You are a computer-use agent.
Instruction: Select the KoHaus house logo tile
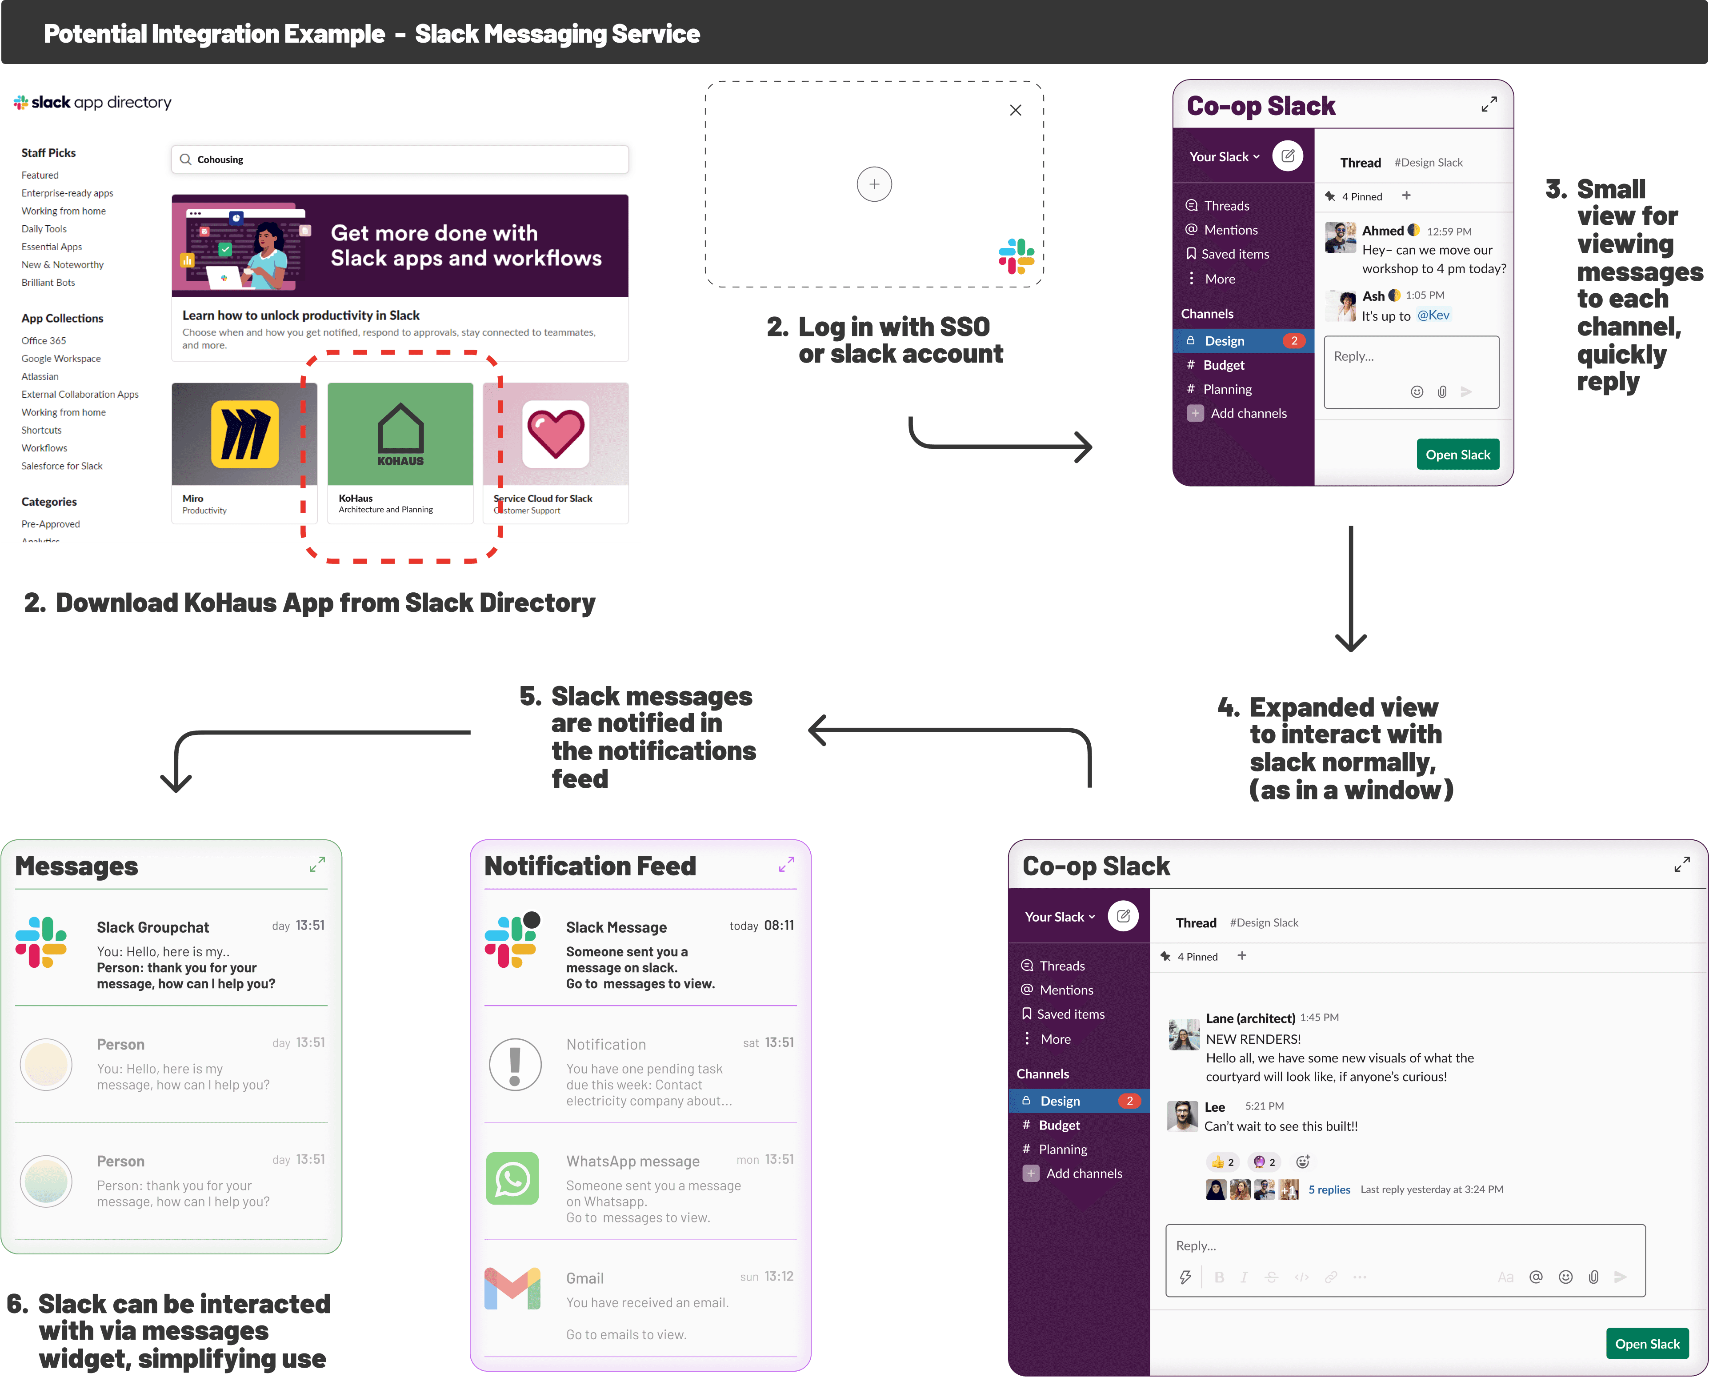(400, 435)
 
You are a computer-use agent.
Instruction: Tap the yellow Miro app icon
(245, 435)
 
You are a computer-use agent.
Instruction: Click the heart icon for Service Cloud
(556, 435)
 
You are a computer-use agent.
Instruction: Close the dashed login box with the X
(1015, 110)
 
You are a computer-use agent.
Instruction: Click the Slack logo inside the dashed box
(1016, 256)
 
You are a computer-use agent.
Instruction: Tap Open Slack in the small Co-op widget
(1457, 455)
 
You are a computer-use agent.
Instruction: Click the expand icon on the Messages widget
(317, 864)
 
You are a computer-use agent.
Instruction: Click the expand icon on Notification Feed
(786, 864)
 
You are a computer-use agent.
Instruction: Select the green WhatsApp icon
(513, 1179)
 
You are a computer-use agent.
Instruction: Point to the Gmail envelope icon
(513, 1289)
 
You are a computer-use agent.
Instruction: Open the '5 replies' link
(1329, 1189)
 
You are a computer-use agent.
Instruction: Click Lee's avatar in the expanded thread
(1182, 1116)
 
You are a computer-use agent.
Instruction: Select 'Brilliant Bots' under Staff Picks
(48, 283)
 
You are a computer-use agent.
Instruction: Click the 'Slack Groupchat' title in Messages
(153, 927)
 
